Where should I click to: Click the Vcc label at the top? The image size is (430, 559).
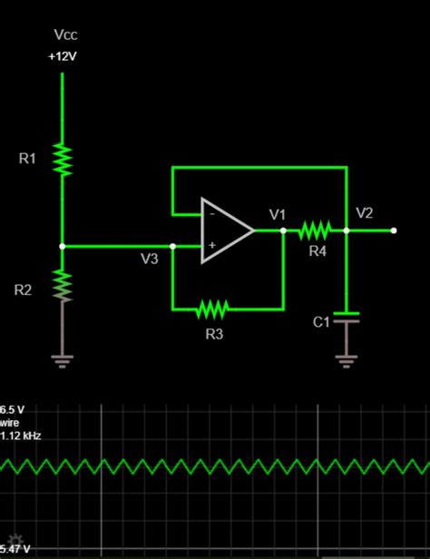(65, 35)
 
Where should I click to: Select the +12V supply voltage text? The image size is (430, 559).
(64, 56)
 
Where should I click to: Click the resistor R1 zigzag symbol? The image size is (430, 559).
(63, 159)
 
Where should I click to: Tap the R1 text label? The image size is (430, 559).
(27, 159)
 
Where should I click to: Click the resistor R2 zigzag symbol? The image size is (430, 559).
(63, 285)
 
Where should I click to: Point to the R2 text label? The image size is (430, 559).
(23, 290)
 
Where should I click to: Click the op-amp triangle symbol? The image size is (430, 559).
(226, 230)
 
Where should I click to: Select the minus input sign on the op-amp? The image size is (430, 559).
(212, 215)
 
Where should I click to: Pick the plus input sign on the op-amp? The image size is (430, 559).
(212, 245)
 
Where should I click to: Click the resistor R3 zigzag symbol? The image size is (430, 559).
(211, 309)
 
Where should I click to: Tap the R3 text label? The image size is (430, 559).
(214, 334)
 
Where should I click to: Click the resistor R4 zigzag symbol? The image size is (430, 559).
(314, 230)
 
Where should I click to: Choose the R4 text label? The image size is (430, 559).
(317, 251)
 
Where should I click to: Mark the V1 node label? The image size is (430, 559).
(278, 215)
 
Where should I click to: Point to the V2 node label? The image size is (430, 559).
(364, 213)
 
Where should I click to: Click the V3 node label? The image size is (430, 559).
(149, 260)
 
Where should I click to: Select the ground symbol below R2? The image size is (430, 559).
(63, 360)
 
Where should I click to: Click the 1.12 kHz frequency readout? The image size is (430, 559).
(21, 436)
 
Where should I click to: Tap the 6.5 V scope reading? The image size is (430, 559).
(14, 410)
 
